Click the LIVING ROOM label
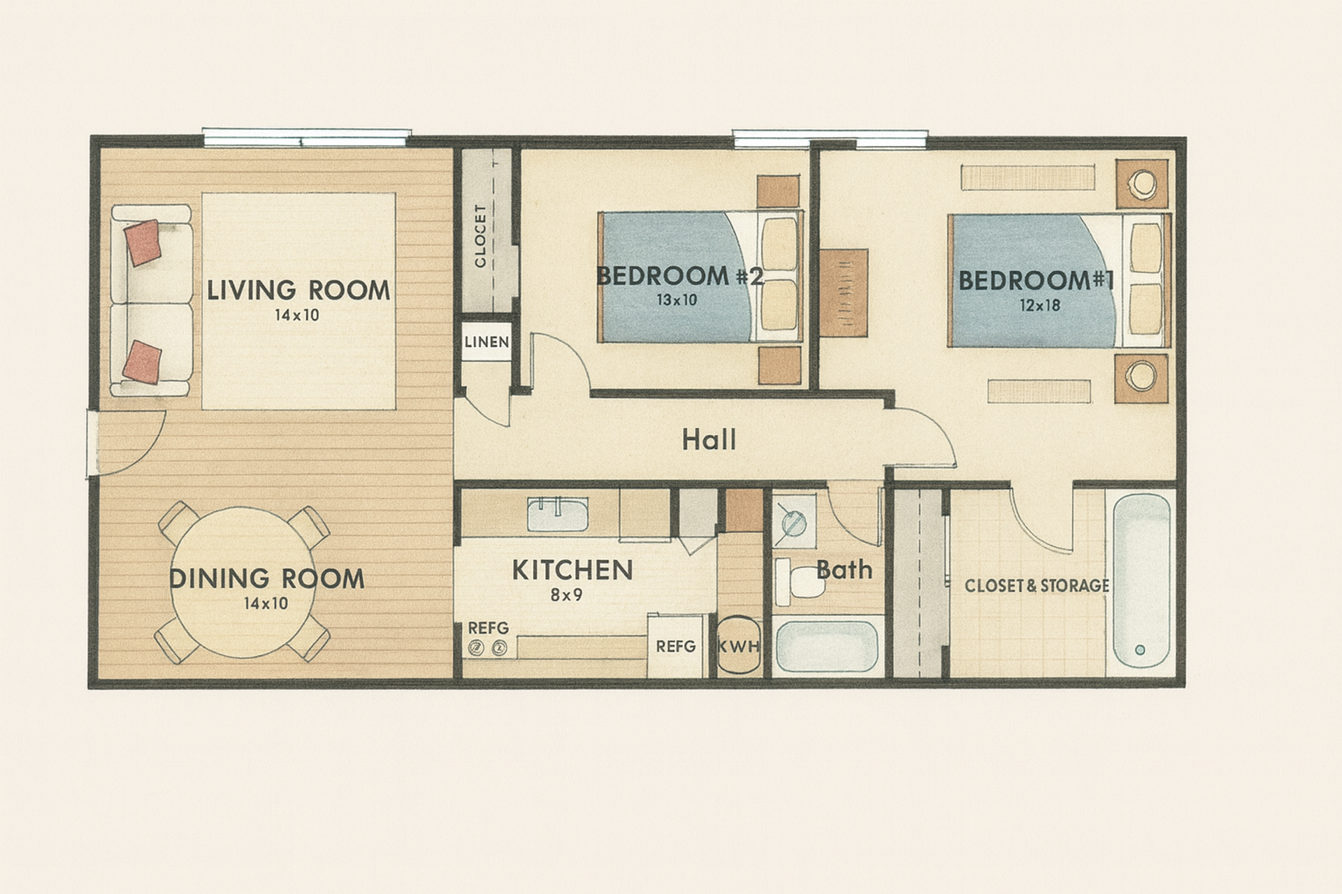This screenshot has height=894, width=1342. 298,290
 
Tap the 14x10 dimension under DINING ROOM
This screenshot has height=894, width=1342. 266,603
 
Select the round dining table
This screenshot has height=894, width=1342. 243,582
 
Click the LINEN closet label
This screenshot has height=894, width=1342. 486,342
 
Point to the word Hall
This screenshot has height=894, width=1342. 709,440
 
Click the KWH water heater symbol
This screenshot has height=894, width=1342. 739,646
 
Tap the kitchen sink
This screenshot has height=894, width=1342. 557,515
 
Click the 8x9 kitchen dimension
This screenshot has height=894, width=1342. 566,596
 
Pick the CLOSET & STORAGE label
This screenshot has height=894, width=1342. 1037,585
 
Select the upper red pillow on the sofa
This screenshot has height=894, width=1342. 143,242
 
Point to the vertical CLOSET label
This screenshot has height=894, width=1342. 480,236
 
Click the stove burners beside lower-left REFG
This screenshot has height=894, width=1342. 488,648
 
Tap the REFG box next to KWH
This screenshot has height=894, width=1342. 675,647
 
